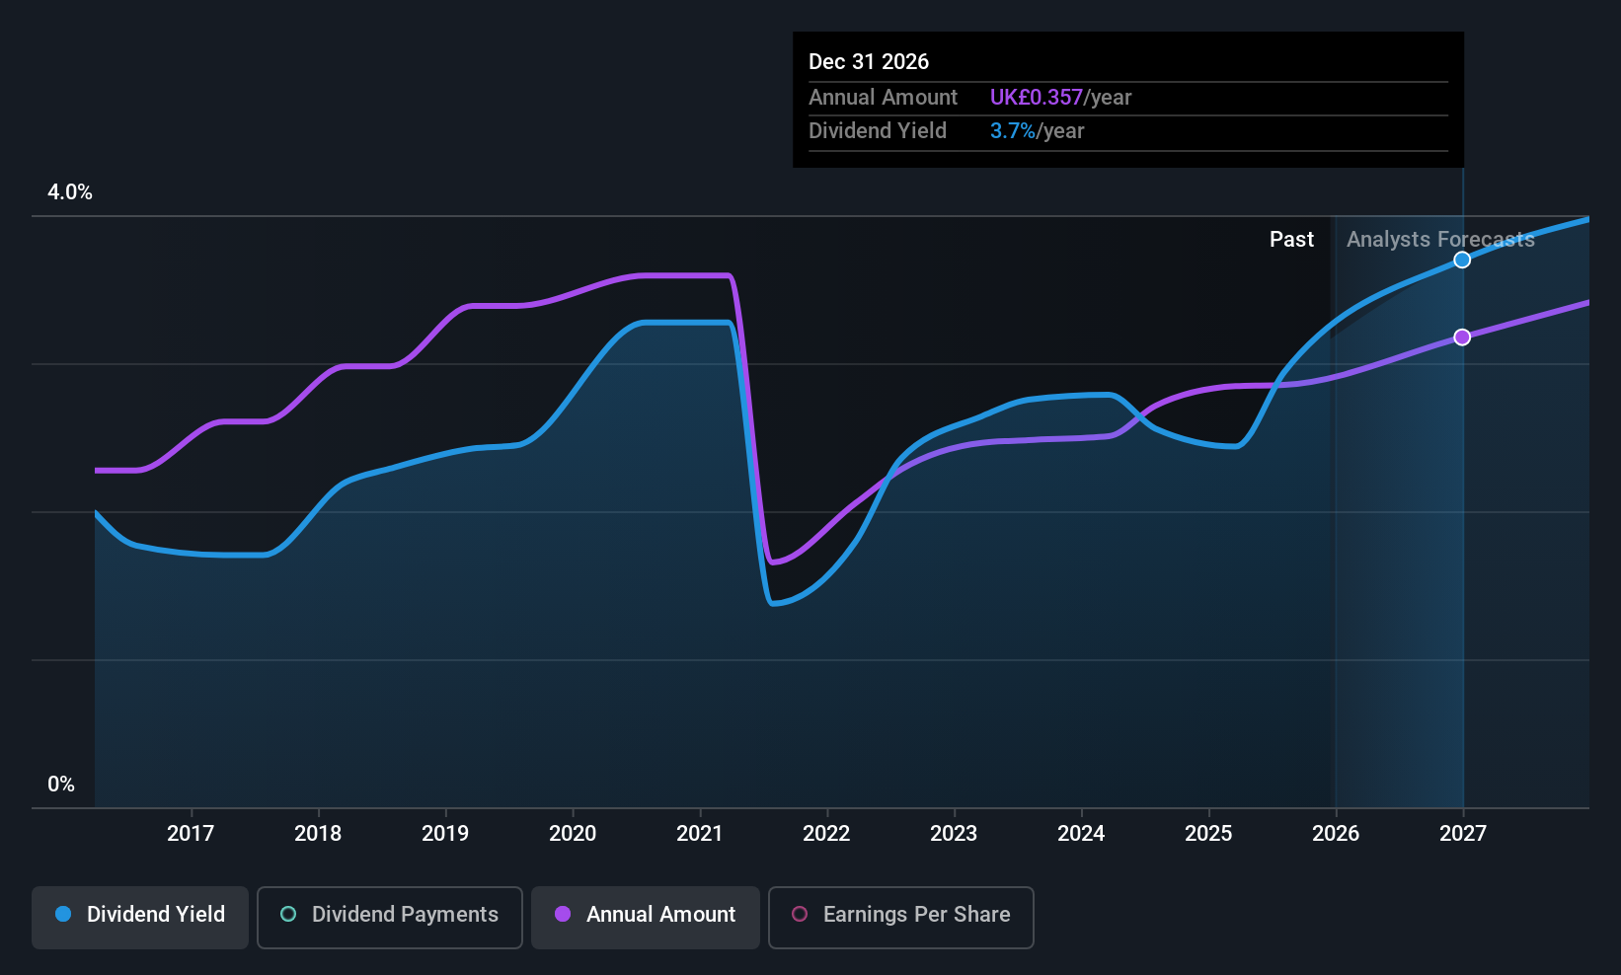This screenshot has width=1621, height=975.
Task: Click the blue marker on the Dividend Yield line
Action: point(1462,260)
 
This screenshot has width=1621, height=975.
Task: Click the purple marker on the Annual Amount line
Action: point(1462,337)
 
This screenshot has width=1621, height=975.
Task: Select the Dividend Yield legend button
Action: point(140,915)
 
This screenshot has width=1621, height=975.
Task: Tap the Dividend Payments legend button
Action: point(390,915)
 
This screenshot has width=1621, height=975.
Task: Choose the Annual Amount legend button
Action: point(646,915)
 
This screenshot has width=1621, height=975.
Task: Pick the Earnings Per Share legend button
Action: point(900,915)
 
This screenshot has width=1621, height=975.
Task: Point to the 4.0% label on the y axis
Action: point(70,192)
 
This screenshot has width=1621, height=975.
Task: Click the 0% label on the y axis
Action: point(61,785)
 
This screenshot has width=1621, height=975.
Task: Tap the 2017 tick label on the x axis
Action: point(191,834)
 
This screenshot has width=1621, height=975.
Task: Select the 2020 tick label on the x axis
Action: point(573,834)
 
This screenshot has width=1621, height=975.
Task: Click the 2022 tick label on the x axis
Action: point(826,834)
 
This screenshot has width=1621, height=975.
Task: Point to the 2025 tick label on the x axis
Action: point(1208,834)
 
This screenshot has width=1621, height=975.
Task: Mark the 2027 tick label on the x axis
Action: point(1462,834)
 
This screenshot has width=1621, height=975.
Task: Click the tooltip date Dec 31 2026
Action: point(869,62)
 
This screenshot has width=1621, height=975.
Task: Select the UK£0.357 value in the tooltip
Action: point(1036,98)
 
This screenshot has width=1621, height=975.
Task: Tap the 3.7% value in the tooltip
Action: point(1012,131)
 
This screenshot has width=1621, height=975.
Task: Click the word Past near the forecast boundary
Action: point(1291,240)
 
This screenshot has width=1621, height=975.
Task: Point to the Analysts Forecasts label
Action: point(1440,240)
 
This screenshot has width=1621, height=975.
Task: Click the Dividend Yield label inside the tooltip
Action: point(877,131)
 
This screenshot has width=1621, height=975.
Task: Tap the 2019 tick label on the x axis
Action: point(445,834)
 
